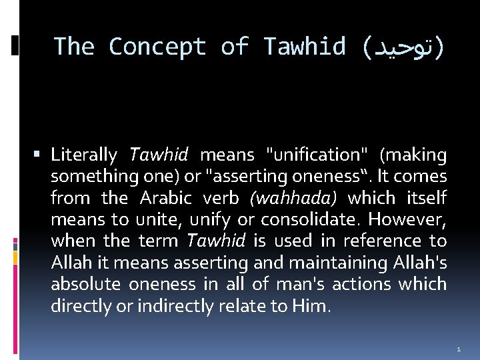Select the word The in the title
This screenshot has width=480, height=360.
click(x=74, y=47)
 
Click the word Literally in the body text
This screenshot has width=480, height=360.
click(x=84, y=155)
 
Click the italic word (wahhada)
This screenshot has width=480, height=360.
click(x=293, y=198)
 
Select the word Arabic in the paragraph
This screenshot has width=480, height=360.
click(x=165, y=198)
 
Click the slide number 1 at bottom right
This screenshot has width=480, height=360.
click(x=459, y=349)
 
